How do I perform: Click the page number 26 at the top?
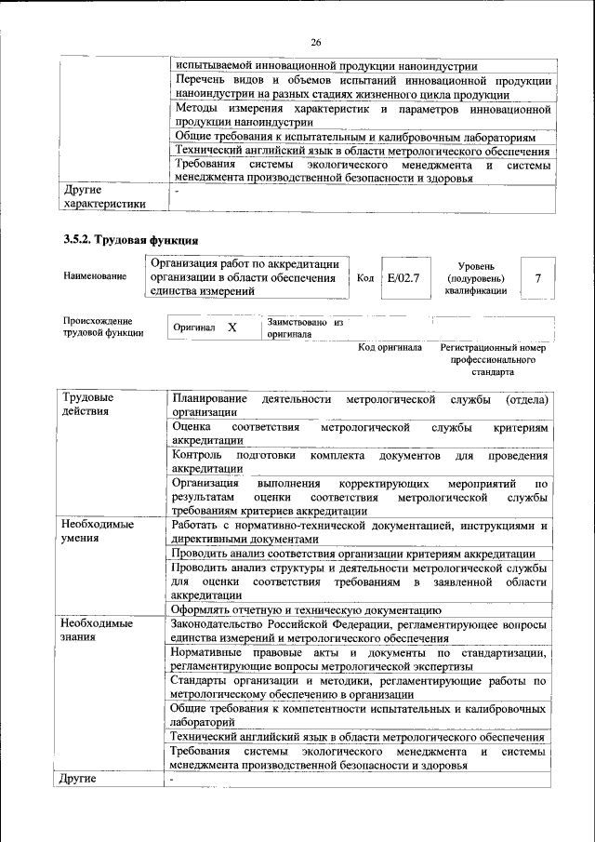pos(315,43)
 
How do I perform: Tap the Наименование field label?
pos(95,277)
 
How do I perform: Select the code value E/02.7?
pos(403,277)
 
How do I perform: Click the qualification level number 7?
pos(538,277)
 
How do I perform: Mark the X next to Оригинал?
pos(231,328)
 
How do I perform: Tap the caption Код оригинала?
pos(390,348)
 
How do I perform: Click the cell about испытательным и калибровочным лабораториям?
pos(362,136)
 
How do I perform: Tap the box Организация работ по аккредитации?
pos(246,277)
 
